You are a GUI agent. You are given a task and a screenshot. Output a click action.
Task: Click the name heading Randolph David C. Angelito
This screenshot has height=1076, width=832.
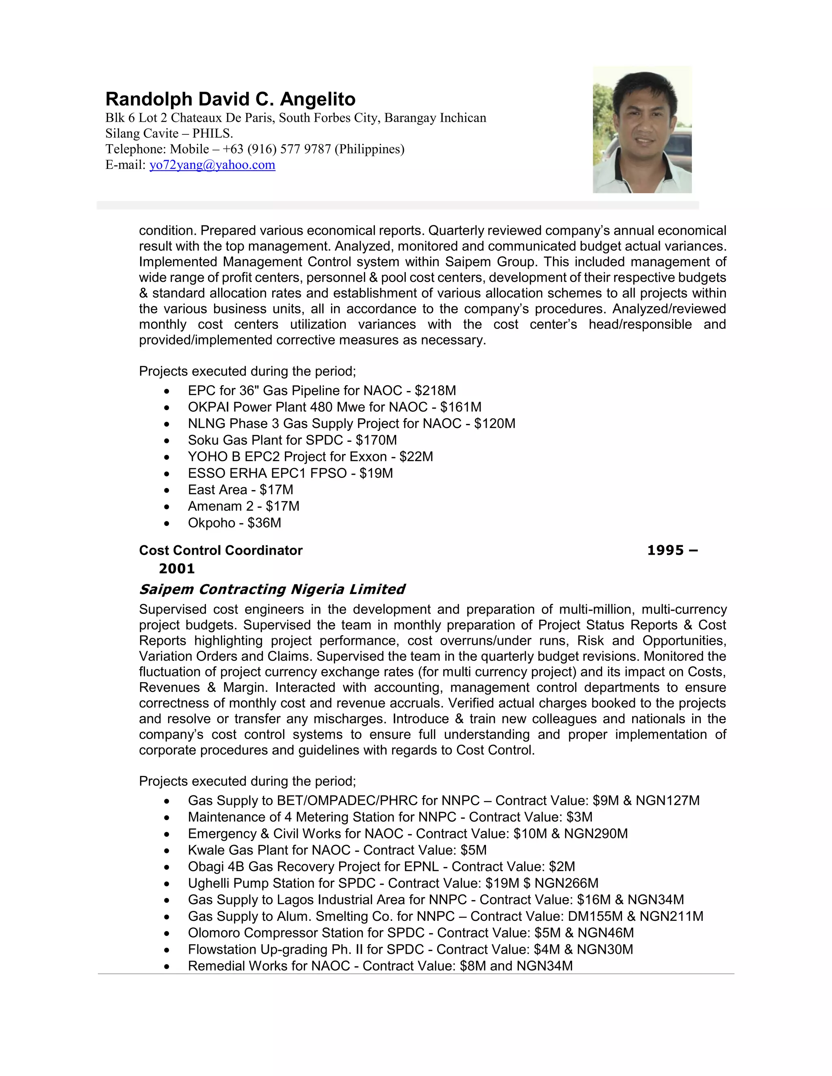coord(230,99)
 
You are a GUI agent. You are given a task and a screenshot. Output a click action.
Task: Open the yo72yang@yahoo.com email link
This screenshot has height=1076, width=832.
coord(212,165)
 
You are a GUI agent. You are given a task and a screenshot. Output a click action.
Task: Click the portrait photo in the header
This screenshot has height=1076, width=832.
coord(642,130)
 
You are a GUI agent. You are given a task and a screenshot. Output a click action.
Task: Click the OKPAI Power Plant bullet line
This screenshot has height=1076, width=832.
coord(334,407)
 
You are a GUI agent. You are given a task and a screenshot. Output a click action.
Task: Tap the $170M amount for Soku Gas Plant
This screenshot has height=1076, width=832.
coord(376,441)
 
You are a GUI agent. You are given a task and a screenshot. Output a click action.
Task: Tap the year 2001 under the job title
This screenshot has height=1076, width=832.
coord(176,569)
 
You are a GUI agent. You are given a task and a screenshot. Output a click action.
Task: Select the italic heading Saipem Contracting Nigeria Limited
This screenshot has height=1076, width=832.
coord(272,589)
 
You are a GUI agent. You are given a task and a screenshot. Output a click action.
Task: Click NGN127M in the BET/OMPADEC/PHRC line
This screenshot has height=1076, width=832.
coord(667,801)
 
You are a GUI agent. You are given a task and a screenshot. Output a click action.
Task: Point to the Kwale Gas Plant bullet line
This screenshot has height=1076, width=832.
coord(337,850)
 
